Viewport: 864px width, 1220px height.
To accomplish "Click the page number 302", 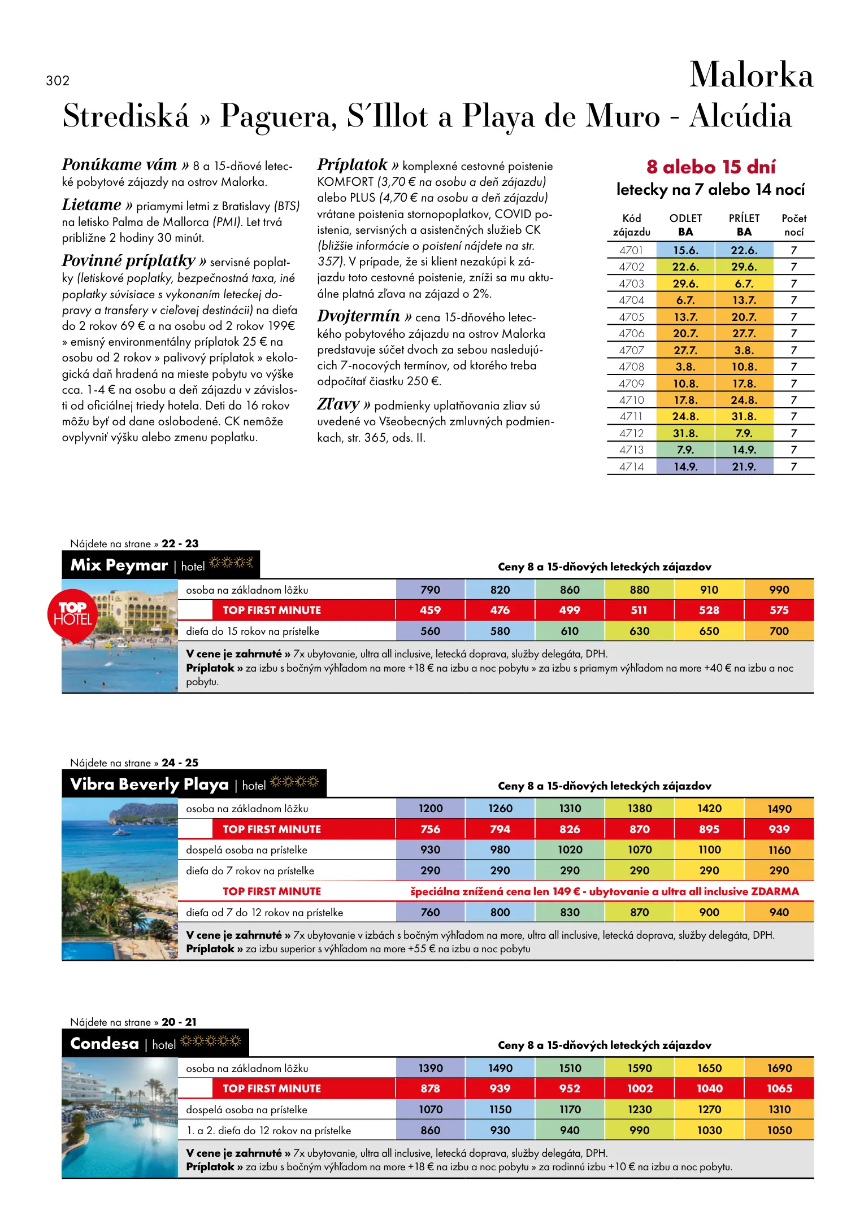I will (58, 81).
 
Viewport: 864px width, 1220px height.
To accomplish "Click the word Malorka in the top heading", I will (751, 76).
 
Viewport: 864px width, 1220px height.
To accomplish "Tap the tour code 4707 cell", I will (631, 350).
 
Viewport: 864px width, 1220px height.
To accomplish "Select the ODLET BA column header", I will (685, 225).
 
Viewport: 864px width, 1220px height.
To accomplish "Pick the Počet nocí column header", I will (793, 225).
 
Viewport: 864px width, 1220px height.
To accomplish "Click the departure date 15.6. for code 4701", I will (685, 250).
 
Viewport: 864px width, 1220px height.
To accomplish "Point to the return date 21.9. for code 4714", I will (744, 467).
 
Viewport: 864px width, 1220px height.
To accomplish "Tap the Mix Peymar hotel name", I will (119, 565).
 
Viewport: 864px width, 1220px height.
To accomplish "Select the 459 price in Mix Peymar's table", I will (430, 611).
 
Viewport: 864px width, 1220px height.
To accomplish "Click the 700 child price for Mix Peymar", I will (779, 631).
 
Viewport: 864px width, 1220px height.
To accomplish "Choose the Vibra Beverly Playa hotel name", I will (149, 785).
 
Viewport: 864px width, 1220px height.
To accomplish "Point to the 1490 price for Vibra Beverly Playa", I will (779, 809).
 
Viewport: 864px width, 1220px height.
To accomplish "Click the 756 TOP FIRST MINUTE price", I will (430, 830).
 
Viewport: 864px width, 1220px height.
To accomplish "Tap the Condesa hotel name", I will (105, 1044).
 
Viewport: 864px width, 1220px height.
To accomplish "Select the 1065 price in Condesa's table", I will (779, 1089).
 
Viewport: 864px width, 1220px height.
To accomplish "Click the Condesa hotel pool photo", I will (120, 1118).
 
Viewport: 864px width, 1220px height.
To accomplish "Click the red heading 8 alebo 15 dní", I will (711, 167).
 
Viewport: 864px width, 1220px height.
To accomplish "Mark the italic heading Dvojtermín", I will (358, 316).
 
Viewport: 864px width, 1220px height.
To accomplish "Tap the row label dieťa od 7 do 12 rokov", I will (264, 913).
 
